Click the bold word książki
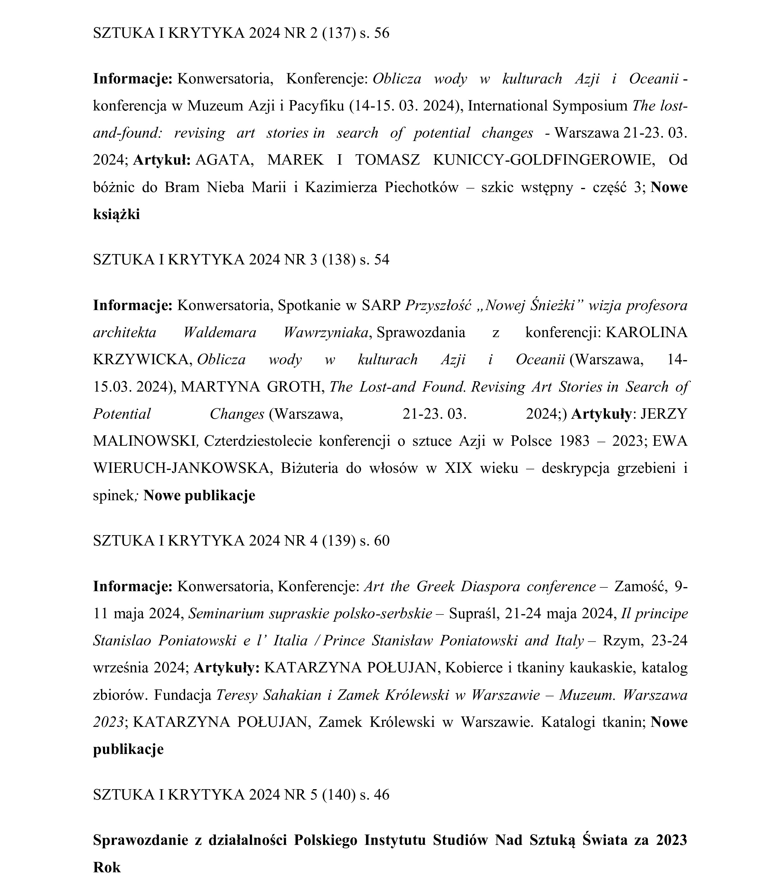[x=116, y=214]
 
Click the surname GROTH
[x=296, y=387]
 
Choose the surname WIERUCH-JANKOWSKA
[x=183, y=468]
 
